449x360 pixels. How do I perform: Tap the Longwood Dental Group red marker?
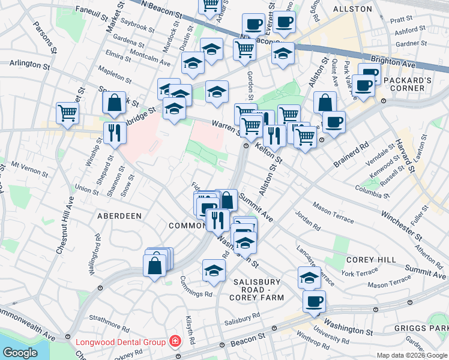(x=175, y=342)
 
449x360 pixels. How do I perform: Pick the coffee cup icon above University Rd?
(x=313, y=301)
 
